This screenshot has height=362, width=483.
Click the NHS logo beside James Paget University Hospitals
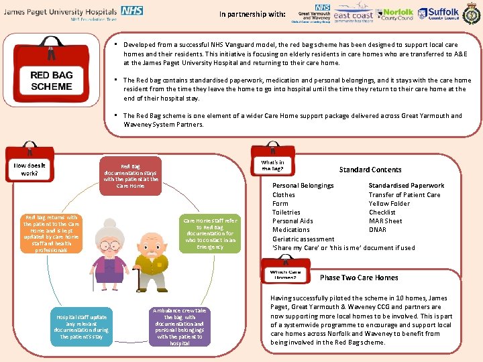click(x=131, y=11)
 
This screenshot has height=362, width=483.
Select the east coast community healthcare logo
click(x=353, y=15)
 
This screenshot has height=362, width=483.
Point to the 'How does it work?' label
click(x=29, y=168)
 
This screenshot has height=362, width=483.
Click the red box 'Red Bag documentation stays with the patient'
click(x=131, y=176)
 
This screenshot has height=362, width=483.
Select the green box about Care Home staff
click(x=210, y=233)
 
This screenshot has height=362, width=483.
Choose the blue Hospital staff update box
click(x=82, y=326)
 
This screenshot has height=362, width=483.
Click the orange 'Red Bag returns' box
click(x=52, y=233)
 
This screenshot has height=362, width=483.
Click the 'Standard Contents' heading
click(x=370, y=170)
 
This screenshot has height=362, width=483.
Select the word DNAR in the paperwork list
click(x=378, y=230)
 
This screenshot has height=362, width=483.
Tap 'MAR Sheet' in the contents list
click(x=386, y=221)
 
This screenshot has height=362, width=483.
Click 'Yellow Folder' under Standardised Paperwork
click(x=389, y=204)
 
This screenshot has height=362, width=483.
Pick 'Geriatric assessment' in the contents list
click(x=303, y=239)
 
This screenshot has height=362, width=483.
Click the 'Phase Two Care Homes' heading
click(x=359, y=278)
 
